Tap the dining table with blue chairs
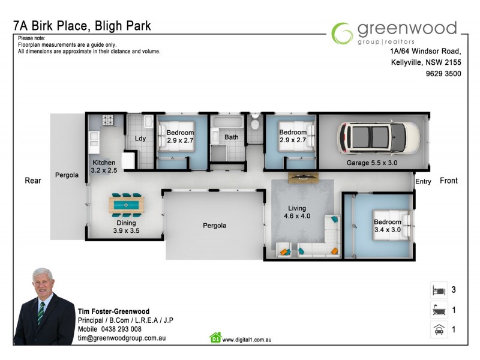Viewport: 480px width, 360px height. coord(127,205)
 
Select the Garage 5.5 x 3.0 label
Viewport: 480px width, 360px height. coord(371,163)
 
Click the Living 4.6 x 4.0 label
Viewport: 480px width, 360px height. coord(296,212)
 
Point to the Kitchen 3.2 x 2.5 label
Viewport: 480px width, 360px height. coord(103,167)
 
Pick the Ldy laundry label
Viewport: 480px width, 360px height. coord(140,139)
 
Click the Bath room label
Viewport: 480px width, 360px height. coord(231,137)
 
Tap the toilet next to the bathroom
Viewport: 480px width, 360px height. coord(254,124)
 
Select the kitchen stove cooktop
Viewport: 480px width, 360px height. coord(108,121)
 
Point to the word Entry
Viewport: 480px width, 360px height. coord(422,181)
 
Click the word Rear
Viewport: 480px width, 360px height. coord(33,181)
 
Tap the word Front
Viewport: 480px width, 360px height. coord(448,181)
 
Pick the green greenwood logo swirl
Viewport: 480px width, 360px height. coord(343,34)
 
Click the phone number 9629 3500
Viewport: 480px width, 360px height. coord(443,74)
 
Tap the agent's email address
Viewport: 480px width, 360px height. coord(121,338)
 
